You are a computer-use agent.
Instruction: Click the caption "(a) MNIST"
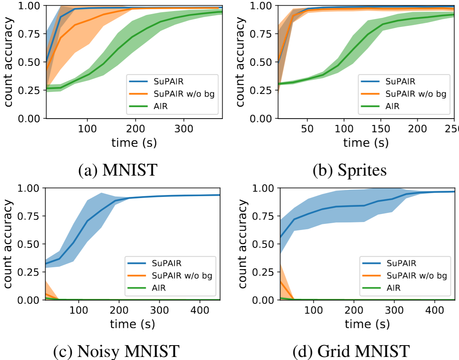coord(117,170)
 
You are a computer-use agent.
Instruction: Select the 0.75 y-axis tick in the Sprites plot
coord(264,34)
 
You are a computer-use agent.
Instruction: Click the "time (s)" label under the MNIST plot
coord(134,143)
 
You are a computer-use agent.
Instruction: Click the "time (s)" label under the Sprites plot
coord(366,143)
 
